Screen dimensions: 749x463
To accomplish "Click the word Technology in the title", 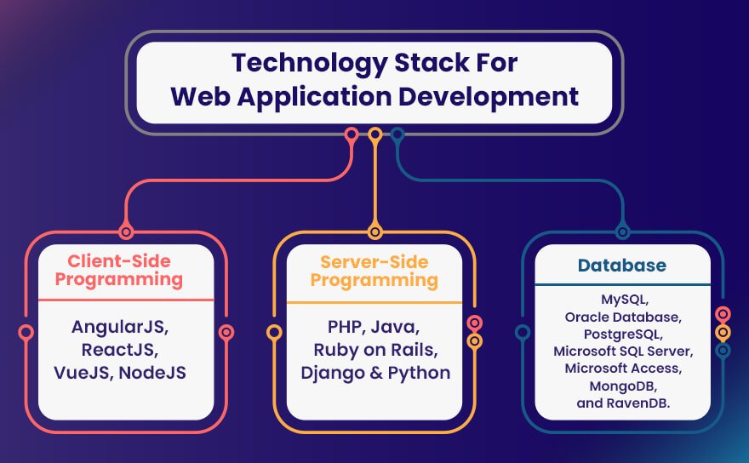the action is point(310,64).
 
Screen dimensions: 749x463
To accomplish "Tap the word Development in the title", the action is point(489,96).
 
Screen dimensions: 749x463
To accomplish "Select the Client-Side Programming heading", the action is point(119,270).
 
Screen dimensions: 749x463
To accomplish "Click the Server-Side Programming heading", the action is point(374,271).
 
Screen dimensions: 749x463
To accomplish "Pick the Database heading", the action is point(622,266).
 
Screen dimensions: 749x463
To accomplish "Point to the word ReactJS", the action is point(119,350).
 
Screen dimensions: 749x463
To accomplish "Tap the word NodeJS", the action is point(152,373).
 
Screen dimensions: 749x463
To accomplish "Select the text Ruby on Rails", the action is point(375,351).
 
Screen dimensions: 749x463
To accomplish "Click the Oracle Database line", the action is point(623,317).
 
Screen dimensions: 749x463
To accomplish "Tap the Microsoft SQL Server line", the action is point(623,352).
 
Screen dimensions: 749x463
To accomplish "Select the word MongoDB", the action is point(623,386).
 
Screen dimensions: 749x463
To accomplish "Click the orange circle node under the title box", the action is point(375,134).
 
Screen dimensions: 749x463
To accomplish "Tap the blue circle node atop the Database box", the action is point(622,232).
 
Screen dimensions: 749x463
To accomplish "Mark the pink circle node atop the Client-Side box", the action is point(126,232).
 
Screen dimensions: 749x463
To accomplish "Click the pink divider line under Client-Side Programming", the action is point(126,300).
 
